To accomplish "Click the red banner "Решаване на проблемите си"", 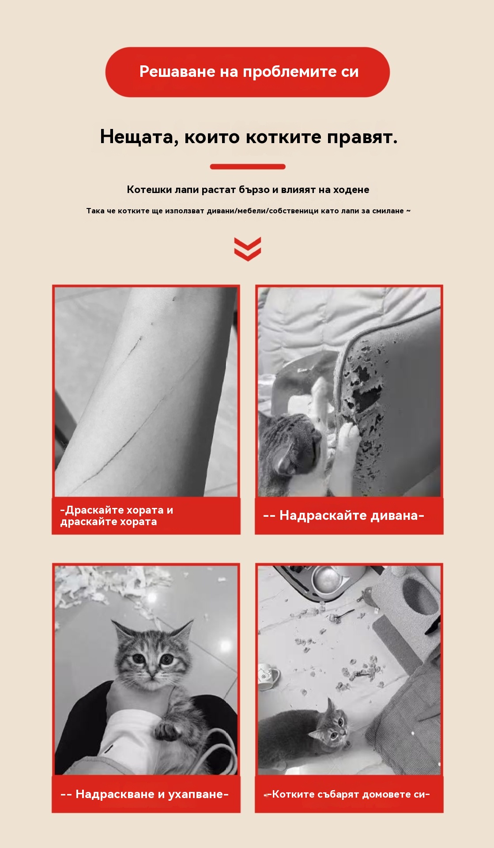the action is click(247, 72).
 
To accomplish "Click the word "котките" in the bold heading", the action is click(283, 137).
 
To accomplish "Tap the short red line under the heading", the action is click(248, 167).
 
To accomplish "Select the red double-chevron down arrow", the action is click(248, 249).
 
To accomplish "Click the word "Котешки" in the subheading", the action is click(149, 190).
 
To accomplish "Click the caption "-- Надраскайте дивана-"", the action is click(344, 515).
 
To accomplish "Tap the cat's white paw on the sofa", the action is click(349, 437).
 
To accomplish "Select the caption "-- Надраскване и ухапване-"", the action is click(145, 794).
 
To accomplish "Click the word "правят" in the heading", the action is click(362, 137).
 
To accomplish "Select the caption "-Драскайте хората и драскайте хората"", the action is click(117, 516).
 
